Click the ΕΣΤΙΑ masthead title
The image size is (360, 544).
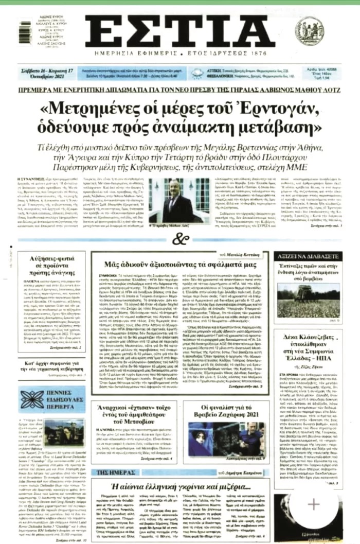pos(179,31)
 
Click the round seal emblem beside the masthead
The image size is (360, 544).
pos(324,31)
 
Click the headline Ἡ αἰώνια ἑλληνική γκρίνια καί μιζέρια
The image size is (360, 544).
pos(181,486)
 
